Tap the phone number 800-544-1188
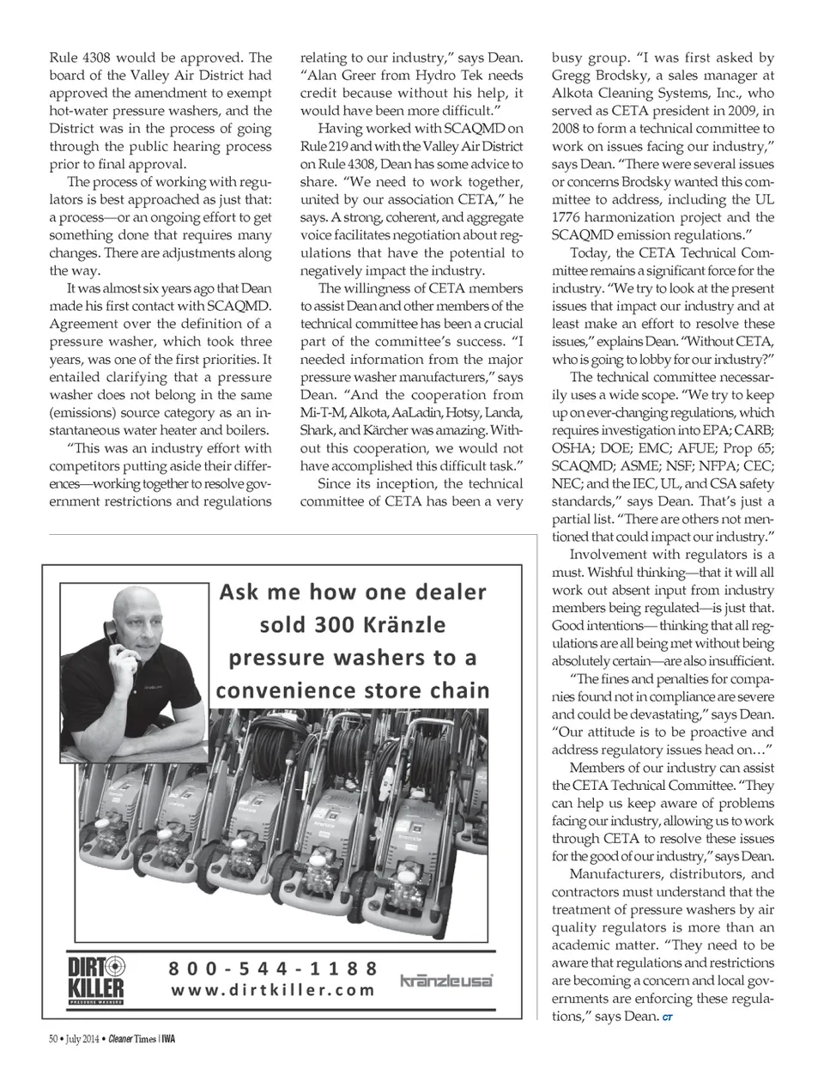[273, 968]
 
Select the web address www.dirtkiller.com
[273, 989]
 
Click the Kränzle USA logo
[446, 981]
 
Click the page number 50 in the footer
[53, 1039]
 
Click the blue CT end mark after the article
[667, 1017]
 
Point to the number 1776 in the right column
[569, 217]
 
